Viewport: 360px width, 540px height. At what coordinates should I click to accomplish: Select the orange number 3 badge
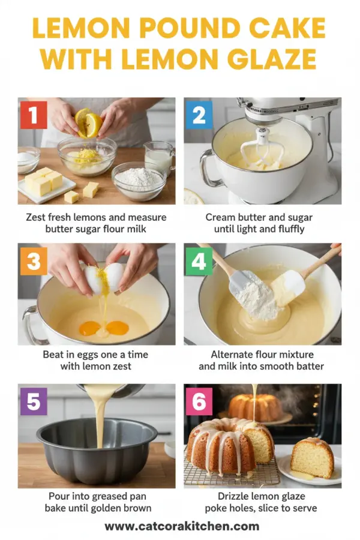tap(34, 261)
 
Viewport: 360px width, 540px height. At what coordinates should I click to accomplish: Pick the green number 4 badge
tap(199, 261)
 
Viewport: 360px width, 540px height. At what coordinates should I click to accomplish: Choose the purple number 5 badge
tap(34, 402)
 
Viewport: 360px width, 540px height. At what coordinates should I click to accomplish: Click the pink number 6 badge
tap(199, 402)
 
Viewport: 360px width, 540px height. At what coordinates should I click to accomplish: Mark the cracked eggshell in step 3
tap(104, 277)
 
